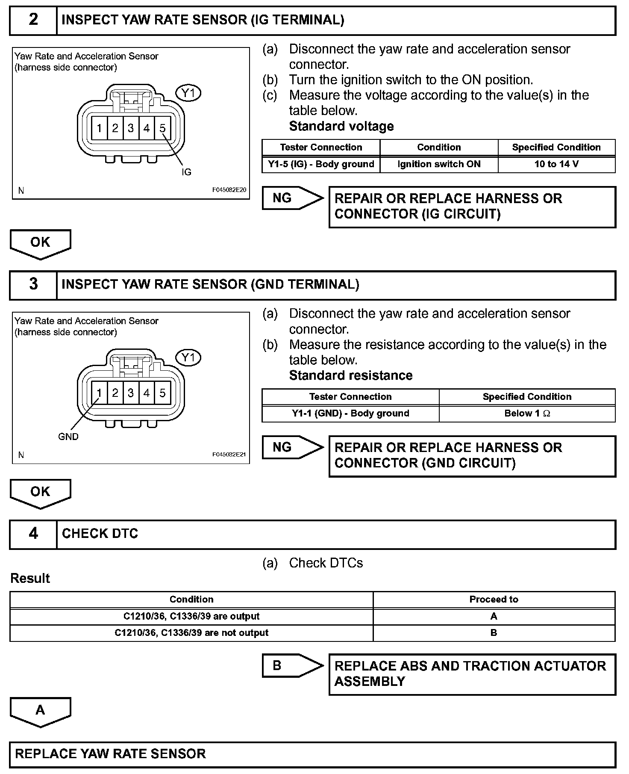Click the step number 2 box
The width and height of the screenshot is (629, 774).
point(33,20)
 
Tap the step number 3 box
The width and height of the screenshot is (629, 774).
point(33,285)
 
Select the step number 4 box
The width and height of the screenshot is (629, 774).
point(33,534)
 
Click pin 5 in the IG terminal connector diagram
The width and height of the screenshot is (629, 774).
point(162,128)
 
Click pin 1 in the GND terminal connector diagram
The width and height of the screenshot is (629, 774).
point(99,393)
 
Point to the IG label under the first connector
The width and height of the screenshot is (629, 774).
point(186,172)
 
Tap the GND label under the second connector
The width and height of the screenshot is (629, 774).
point(68,437)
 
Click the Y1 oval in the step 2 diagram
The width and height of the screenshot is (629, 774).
point(188,93)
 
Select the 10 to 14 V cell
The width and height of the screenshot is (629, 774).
point(556,164)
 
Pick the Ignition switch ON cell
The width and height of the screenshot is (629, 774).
point(439,164)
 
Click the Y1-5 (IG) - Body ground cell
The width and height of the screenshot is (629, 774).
point(321,164)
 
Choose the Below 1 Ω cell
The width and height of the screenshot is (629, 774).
point(527,414)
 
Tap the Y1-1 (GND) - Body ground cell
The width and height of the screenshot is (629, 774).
point(350,414)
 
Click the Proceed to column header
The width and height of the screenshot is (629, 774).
point(494,600)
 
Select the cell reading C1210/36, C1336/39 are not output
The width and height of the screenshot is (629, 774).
point(191,633)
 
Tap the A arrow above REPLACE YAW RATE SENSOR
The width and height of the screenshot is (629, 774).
point(40,711)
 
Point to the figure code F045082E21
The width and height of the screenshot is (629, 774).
point(229,455)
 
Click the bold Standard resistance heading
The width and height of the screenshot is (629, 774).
point(351,375)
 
